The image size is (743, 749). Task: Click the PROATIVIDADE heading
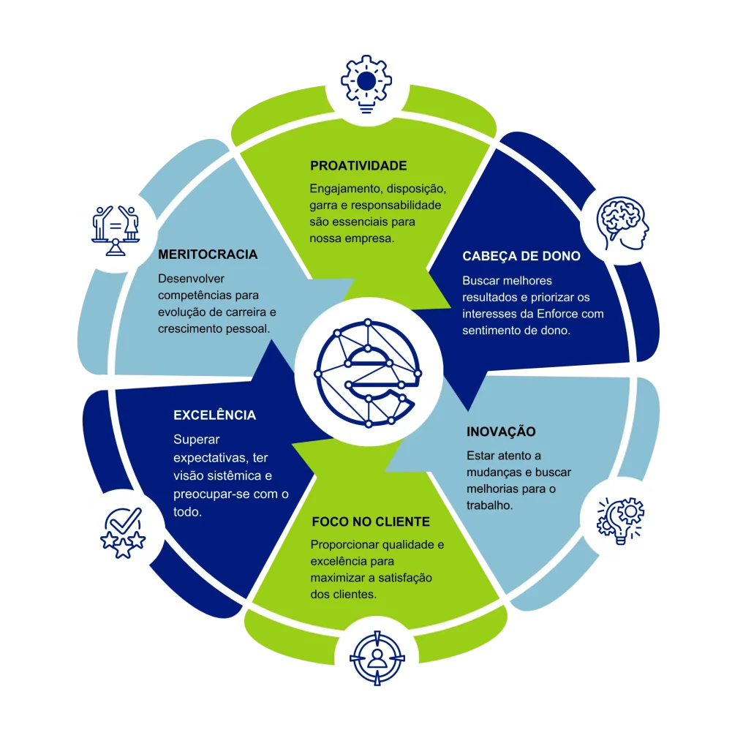[358, 166]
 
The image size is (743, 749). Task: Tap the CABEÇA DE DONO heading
[521, 257]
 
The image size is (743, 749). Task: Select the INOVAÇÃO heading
[501, 432]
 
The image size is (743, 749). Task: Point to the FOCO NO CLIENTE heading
[371, 522]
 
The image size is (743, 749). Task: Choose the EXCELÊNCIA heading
[214, 415]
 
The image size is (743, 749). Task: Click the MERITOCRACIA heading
[208, 255]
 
